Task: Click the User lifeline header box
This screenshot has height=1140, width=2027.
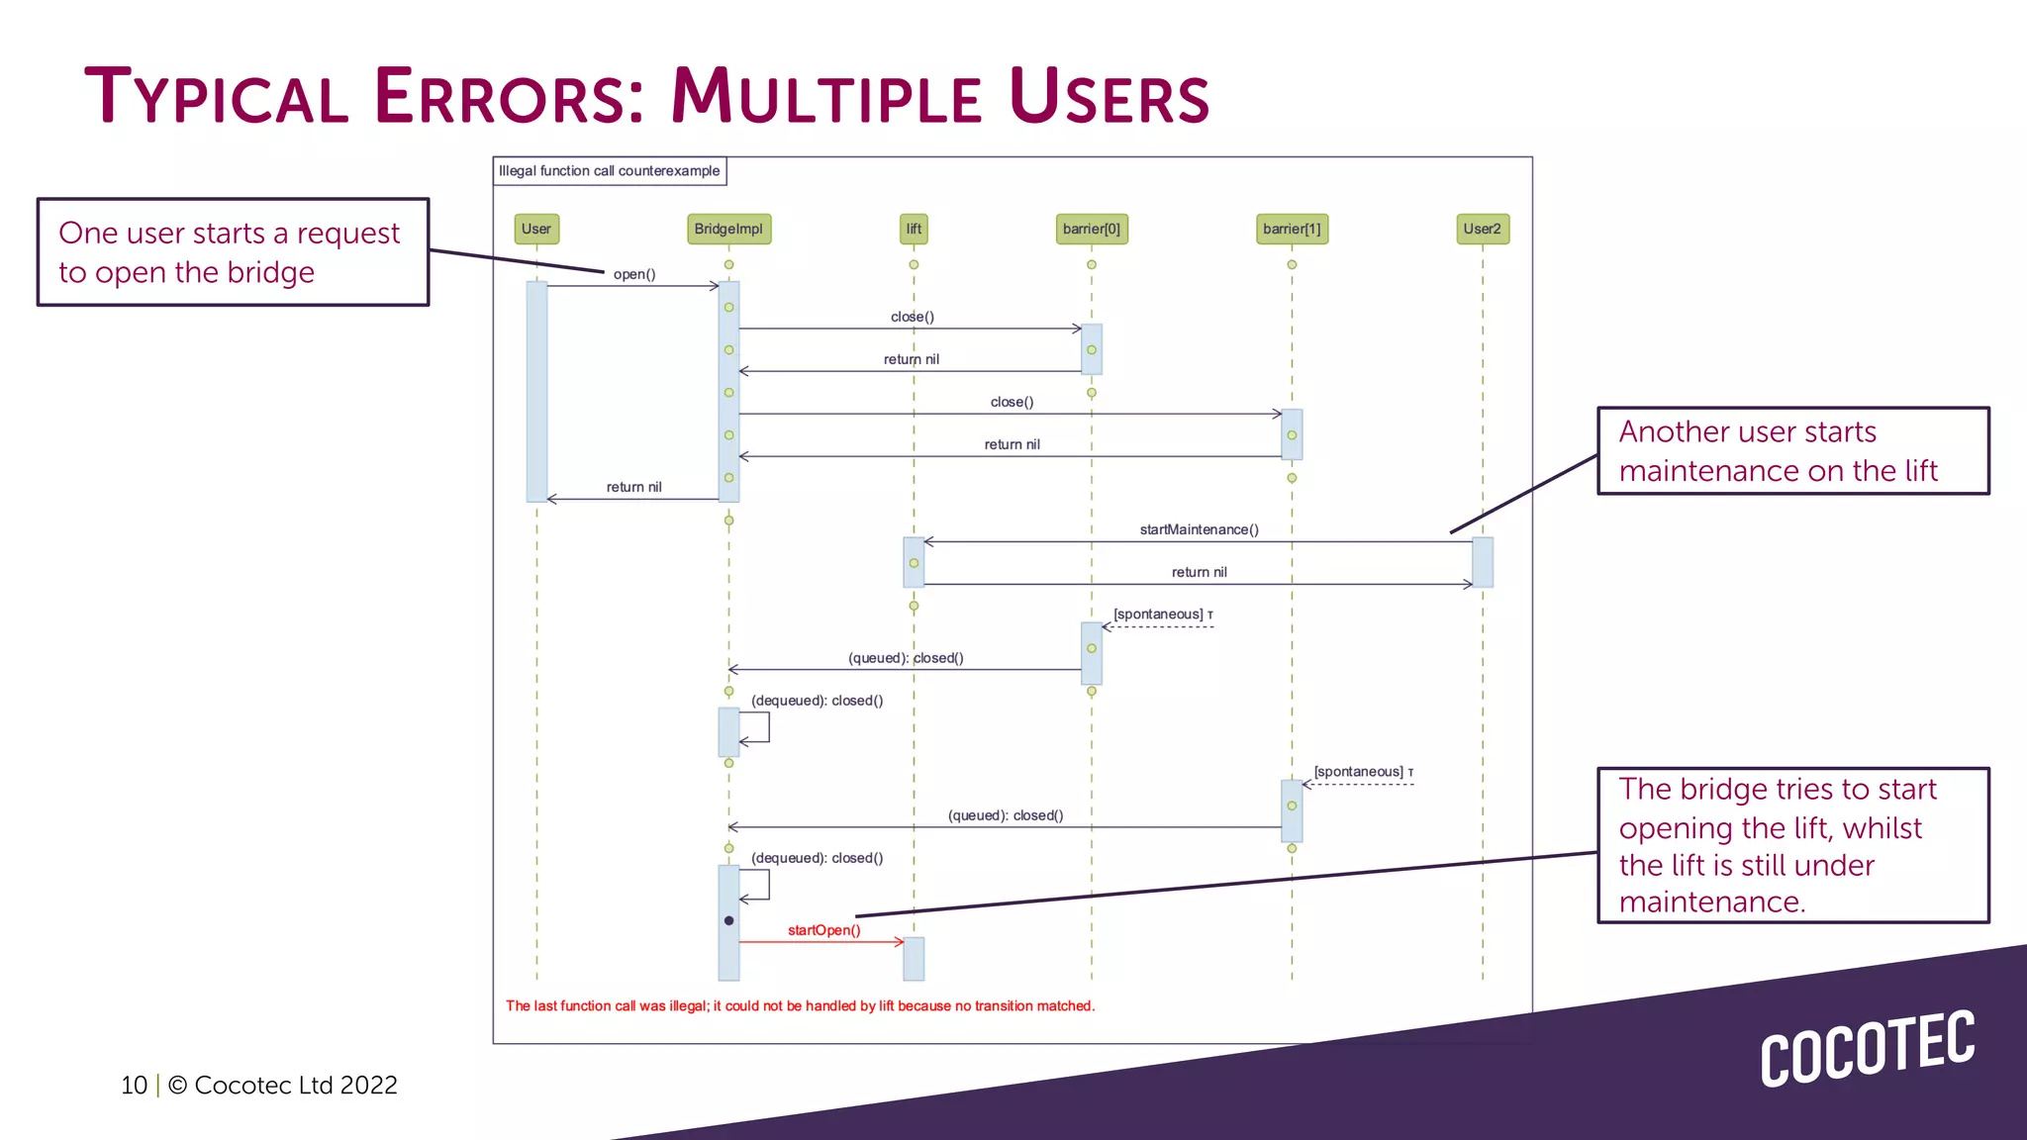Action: coord(536,229)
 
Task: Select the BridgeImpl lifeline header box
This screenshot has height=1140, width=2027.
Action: coord(728,229)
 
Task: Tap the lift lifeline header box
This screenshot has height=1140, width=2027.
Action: coord(914,229)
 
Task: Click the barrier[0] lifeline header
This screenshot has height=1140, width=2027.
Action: coord(1092,229)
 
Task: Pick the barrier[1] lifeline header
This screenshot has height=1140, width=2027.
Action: coord(1292,229)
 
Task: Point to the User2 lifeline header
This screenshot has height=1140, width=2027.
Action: coord(1483,229)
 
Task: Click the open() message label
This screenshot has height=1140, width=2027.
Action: coord(634,274)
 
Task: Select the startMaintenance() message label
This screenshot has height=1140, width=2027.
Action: coord(1199,529)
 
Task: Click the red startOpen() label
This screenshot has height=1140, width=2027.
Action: coord(823,930)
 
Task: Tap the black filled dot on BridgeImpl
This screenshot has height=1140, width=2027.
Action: coord(729,920)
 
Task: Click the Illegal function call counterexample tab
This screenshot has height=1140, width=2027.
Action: coord(610,171)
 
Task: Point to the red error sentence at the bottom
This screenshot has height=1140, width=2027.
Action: coord(800,1005)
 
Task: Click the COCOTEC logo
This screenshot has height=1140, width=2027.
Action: coord(1867,1049)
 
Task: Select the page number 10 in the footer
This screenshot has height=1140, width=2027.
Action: coord(134,1086)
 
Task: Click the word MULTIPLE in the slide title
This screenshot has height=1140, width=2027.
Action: coord(826,98)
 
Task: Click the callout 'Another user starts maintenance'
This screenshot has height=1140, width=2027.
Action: coord(1792,451)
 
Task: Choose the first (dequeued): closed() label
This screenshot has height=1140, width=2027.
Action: coord(817,701)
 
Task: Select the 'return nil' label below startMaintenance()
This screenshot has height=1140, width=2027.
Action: coord(1199,572)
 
